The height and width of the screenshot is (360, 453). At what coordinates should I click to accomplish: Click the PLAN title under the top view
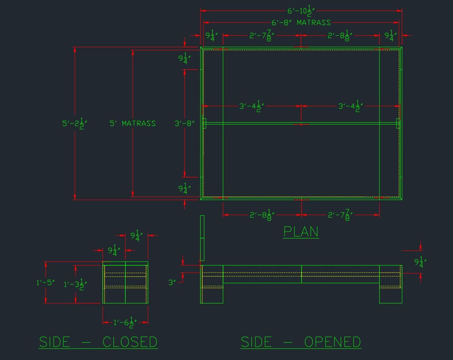pyautogui.click(x=301, y=232)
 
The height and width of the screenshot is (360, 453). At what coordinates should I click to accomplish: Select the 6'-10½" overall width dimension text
pyautogui.click(x=301, y=11)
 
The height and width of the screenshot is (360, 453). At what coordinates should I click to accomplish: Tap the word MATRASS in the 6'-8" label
pyautogui.click(x=314, y=22)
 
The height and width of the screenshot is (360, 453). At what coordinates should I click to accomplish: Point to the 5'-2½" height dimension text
pyautogui.click(x=75, y=123)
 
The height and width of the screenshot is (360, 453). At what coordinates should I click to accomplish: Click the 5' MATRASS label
pyautogui.click(x=133, y=123)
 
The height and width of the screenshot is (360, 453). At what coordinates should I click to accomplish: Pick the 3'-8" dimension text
pyautogui.click(x=185, y=123)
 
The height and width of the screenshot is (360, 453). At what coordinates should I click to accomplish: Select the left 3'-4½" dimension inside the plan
pyautogui.click(x=252, y=106)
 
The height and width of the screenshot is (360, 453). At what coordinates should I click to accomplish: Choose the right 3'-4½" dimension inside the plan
pyautogui.click(x=351, y=106)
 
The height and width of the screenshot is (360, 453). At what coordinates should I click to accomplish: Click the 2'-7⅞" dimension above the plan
pyautogui.click(x=262, y=36)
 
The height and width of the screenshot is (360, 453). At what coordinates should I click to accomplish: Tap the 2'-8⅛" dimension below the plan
pyautogui.click(x=262, y=215)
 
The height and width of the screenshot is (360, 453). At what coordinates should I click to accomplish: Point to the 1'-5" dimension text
pyautogui.click(x=46, y=283)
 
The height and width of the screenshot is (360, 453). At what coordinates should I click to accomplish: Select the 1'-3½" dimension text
pyautogui.click(x=75, y=285)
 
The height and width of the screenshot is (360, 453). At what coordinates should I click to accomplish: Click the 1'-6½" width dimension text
pyautogui.click(x=125, y=323)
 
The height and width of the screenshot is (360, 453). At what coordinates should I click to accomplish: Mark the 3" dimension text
pyautogui.click(x=172, y=283)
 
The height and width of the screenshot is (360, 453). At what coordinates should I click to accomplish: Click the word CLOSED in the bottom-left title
pyautogui.click(x=130, y=342)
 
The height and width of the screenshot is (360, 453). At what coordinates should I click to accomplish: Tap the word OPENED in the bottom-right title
pyautogui.click(x=333, y=342)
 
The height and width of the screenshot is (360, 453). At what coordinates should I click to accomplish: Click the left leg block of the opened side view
pyautogui.click(x=212, y=284)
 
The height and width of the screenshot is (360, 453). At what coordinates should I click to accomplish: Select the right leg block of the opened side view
pyautogui.click(x=391, y=284)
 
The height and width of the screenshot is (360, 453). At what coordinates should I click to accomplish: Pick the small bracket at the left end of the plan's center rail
pyautogui.click(x=204, y=123)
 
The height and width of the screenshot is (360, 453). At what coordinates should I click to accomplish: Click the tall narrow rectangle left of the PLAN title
pyautogui.click(x=202, y=238)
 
